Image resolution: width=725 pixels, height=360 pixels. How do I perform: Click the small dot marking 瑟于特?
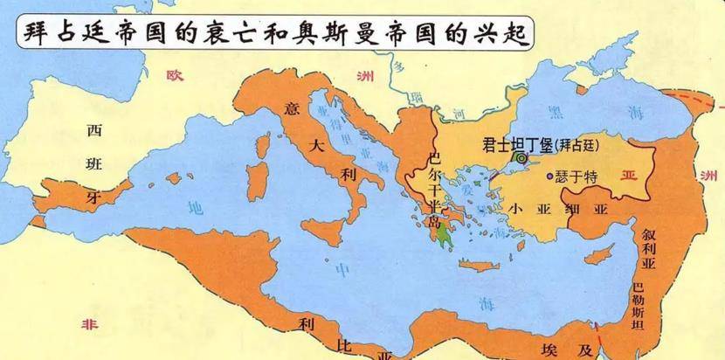click(x=549, y=177)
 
